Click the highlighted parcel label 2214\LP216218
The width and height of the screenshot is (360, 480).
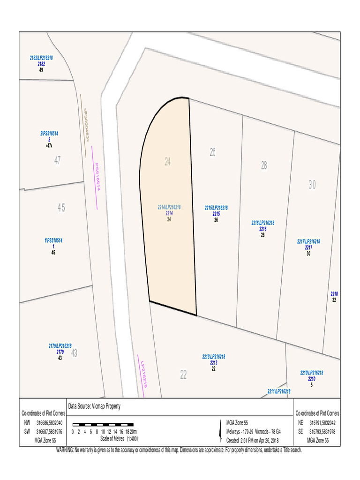169,207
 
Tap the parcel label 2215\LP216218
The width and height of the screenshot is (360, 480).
216,208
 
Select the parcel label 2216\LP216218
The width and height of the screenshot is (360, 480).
262,223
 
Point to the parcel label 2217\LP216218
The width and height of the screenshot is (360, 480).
308,241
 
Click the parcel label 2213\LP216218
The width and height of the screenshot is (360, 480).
213,357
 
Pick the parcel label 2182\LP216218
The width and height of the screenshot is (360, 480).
41,58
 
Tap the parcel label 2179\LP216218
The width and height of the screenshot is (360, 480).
60,346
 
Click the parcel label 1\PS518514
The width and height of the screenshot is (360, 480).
53,240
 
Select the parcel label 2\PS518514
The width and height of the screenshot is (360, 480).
49,134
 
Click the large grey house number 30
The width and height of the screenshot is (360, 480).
312,185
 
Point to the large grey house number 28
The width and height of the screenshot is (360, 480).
264,165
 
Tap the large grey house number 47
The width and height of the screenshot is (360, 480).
57,160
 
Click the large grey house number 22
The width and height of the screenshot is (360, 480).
183,375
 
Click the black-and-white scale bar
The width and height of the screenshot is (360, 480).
103,425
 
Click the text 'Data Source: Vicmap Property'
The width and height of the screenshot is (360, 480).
94,406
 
